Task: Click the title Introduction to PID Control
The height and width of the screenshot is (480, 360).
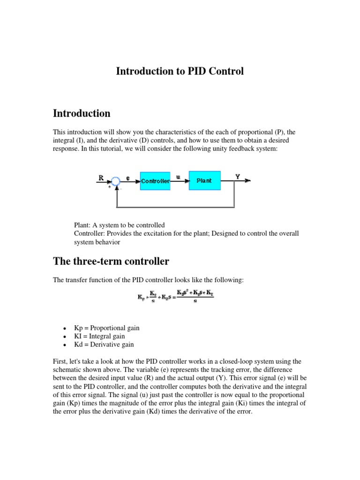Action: [180, 72]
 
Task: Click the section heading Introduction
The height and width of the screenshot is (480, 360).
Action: [82, 113]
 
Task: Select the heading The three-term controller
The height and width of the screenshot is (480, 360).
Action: [111, 261]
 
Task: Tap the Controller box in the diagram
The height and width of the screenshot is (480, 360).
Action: [155, 180]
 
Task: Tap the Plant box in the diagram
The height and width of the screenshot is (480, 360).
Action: [204, 180]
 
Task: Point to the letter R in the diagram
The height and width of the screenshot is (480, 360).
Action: [101, 178]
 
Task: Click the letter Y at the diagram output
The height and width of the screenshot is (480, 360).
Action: [238, 177]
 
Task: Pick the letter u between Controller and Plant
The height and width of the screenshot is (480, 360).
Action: [178, 177]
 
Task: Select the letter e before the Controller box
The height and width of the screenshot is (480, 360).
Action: [128, 178]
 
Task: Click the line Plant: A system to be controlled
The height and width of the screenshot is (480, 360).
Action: [120, 225]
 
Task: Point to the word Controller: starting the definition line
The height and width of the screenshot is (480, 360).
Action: [90, 233]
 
